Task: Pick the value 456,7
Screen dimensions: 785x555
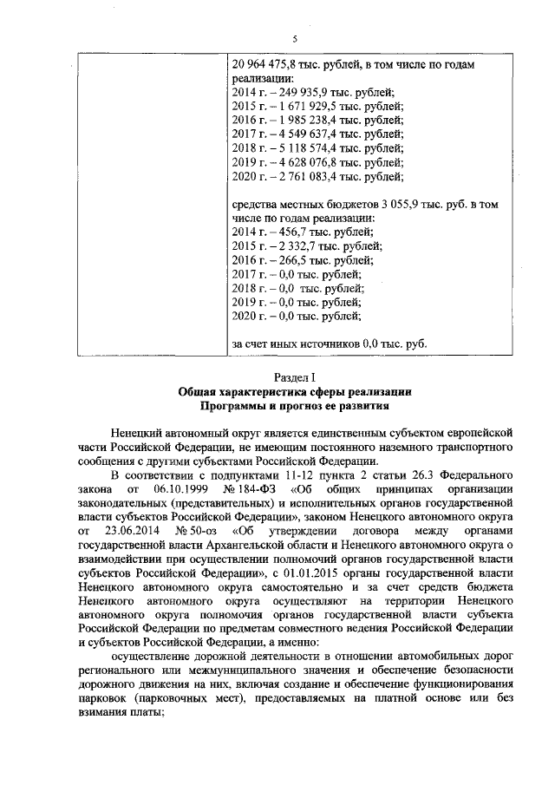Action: (291, 232)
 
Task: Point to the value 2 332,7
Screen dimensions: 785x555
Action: (294, 246)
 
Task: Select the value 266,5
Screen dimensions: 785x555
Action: (291, 260)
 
